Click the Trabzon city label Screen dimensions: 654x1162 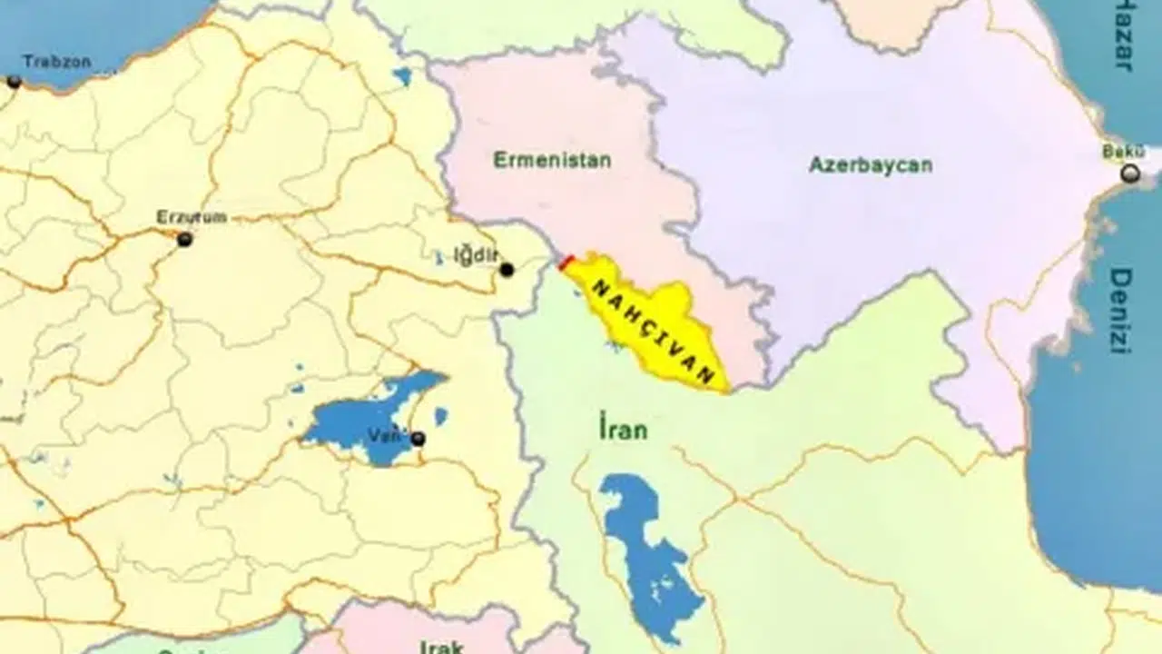(56, 62)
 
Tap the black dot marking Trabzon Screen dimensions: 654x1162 (14, 82)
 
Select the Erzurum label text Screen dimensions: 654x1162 (192, 217)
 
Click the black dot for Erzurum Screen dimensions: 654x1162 (185, 240)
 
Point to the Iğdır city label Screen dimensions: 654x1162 (477, 254)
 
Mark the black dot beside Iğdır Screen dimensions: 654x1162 (507, 270)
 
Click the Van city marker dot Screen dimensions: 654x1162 (418, 440)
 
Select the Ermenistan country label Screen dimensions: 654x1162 (552, 161)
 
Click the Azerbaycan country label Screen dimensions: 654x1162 (871, 165)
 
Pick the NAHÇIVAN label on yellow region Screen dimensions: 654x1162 (655, 332)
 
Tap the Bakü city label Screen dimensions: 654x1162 (1124, 152)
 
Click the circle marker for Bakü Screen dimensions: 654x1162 (1130, 173)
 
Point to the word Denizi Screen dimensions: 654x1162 (1122, 311)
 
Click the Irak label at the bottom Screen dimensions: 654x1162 (442, 647)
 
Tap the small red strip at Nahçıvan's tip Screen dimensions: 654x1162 (566, 263)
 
